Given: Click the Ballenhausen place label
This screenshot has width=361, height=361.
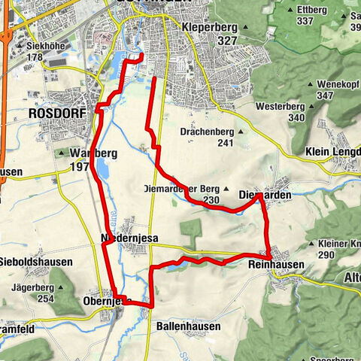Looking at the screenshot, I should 189,327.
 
